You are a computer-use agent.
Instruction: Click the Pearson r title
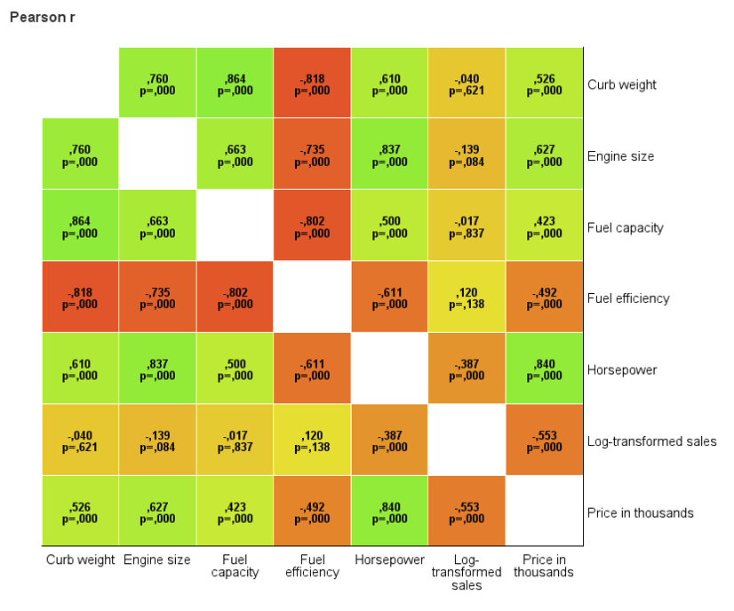43,18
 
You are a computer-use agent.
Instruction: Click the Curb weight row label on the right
622,85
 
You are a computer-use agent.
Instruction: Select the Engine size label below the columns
157,560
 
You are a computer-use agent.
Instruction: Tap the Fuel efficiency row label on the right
628,298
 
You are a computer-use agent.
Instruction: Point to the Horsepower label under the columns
389,560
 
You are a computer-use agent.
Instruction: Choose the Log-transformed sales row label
651,441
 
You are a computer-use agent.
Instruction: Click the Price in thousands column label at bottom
544,567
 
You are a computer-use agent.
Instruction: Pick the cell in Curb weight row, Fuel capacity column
235,84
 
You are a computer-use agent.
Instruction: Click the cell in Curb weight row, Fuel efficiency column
312,84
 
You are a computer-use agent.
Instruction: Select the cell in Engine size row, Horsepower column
389,155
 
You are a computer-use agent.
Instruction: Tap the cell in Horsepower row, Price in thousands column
544,369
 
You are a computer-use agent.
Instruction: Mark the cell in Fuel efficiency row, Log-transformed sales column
467,298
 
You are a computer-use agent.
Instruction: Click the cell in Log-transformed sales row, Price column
544,441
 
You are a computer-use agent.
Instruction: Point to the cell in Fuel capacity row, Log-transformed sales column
467,227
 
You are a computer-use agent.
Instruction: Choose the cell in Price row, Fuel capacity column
235,512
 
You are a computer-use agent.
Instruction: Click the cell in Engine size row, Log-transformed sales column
467,155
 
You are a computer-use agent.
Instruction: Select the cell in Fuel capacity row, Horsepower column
389,227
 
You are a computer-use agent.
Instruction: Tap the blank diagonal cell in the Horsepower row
389,369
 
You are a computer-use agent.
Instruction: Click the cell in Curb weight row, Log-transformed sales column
467,84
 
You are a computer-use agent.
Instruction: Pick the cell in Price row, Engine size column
157,512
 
